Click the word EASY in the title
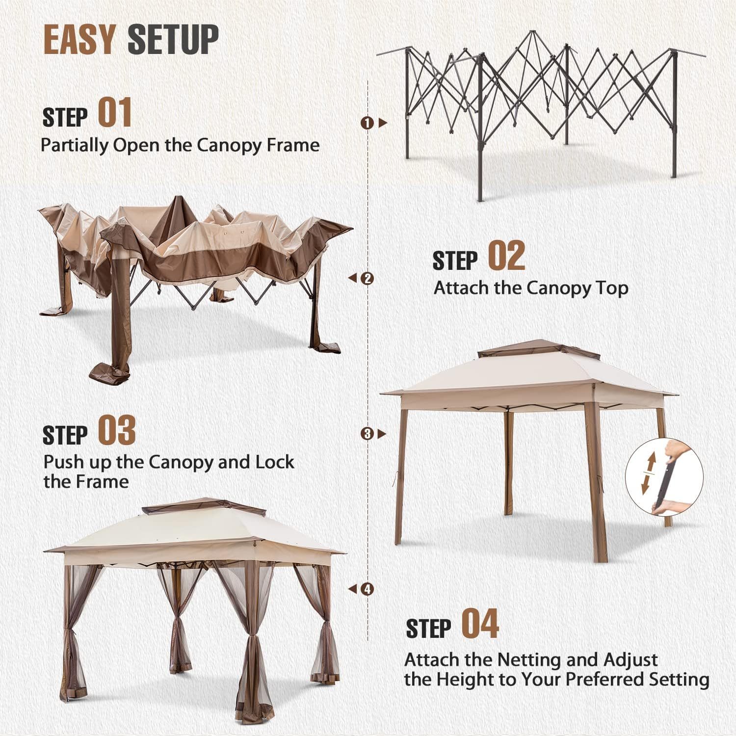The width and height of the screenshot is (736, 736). click(x=79, y=39)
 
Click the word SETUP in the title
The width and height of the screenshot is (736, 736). click(x=173, y=39)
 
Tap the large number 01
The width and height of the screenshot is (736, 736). click(x=115, y=112)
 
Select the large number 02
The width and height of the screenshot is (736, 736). click(x=507, y=256)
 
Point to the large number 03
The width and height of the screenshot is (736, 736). click(x=117, y=430)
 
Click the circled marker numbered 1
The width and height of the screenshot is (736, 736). click(x=367, y=123)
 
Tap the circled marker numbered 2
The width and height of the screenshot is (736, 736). click(x=367, y=278)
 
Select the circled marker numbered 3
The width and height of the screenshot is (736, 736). click(x=367, y=433)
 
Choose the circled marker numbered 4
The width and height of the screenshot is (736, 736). click(x=367, y=589)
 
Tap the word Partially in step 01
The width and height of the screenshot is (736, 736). click(x=75, y=145)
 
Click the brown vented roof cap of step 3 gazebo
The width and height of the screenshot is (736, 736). click(x=539, y=349)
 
